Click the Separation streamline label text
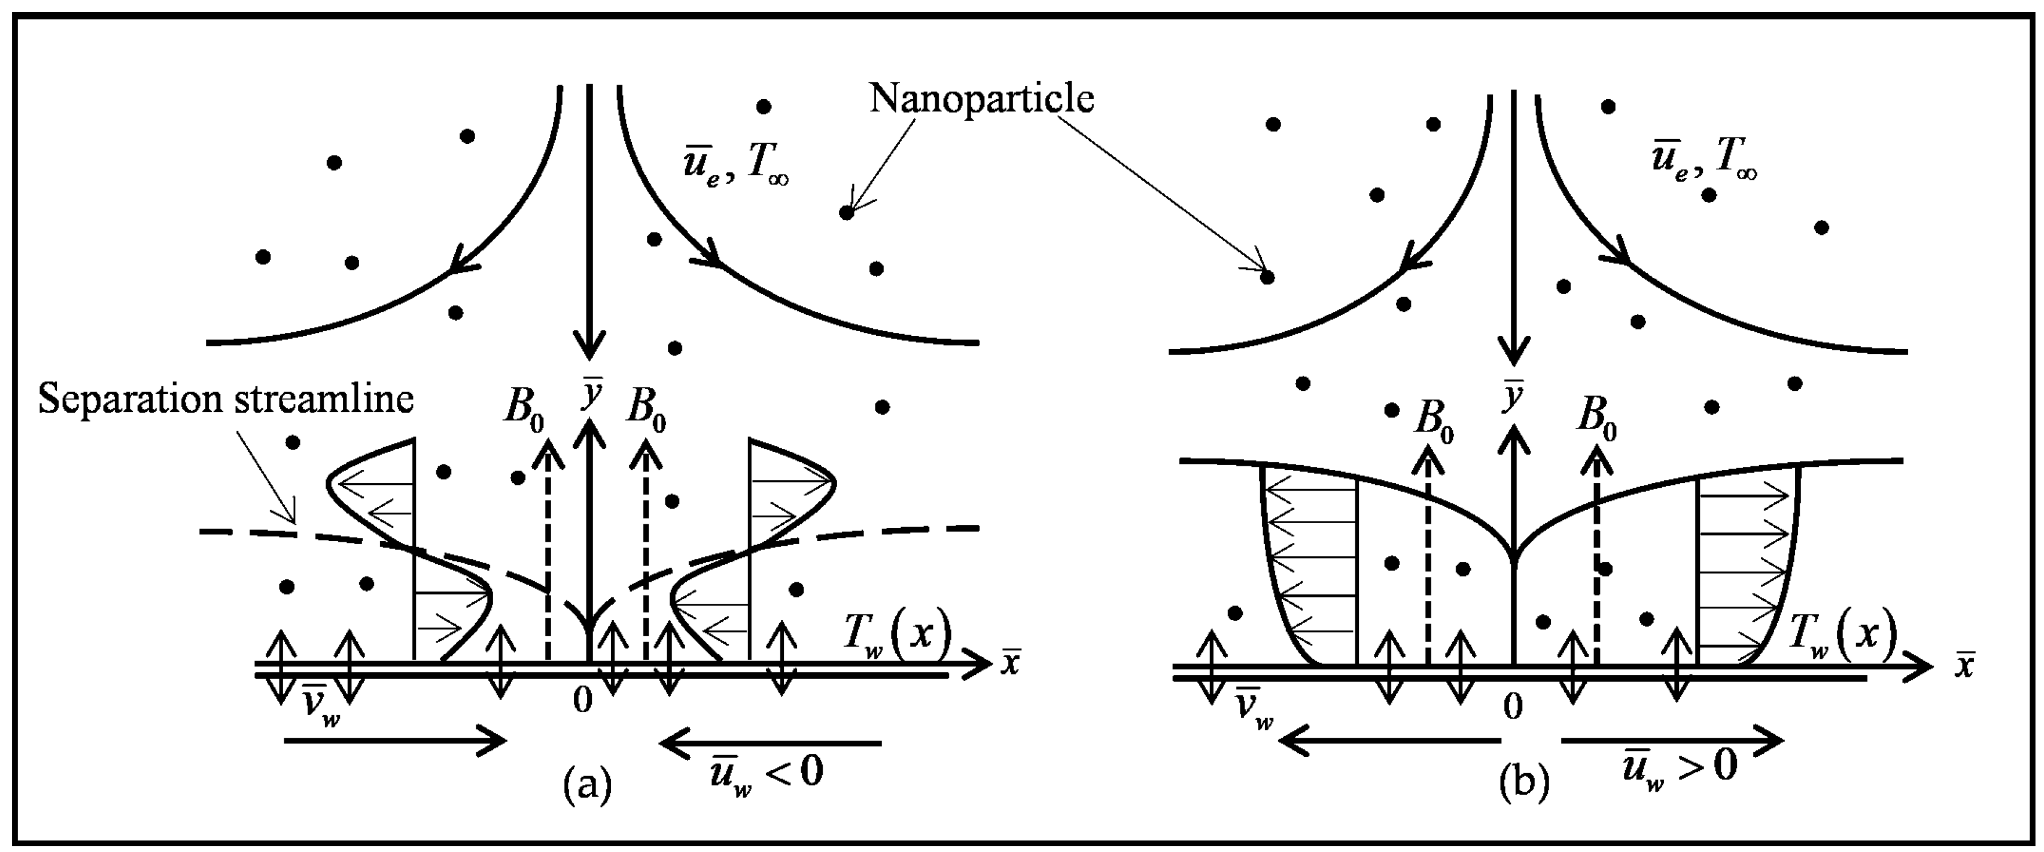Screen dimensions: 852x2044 pos(226,400)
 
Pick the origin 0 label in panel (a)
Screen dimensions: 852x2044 pos(583,701)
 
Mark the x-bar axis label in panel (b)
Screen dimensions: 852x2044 pos(1963,666)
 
